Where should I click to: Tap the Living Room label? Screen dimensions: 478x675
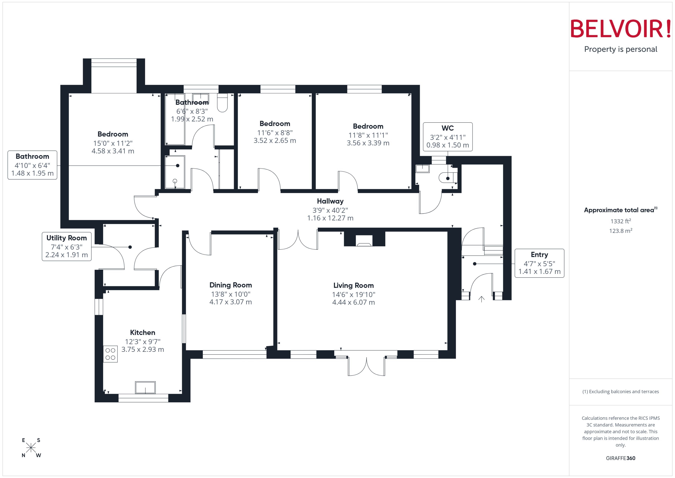pyautogui.click(x=353, y=285)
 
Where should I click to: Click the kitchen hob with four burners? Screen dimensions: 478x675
pyautogui.click(x=110, y=354)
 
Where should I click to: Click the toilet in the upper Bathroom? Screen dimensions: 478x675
pyautogui.click(x=222, y=103)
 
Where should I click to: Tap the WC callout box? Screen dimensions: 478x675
pyautogui.click(x=447, y=137)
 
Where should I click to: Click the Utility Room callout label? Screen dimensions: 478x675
pyautogui.click(x=67, y=238)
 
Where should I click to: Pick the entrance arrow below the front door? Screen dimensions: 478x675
pyautogui.click(x=481, y=299)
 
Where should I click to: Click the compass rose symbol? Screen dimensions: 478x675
pyautogui.click(x=31, y=448)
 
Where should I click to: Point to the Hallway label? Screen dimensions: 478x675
pyautogui.click(x=330, y=201)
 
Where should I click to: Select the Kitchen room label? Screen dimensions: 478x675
pyautogui.click(x=143, y=333)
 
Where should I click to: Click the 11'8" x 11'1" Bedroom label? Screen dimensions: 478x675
pyautogui.click(x=368, y=126)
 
